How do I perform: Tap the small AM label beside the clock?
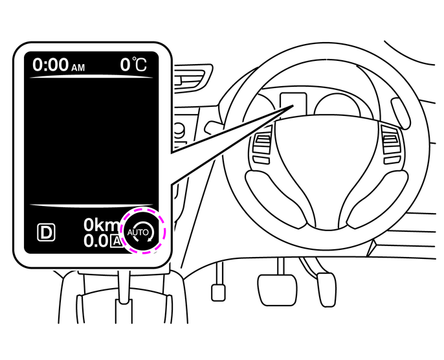78,67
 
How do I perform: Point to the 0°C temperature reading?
133,65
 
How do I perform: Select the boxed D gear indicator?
47,232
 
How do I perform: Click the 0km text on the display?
101,226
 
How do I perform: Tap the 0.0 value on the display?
96,242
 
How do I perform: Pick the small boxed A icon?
116,242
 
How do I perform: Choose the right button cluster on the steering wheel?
392,144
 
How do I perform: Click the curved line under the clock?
93,78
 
